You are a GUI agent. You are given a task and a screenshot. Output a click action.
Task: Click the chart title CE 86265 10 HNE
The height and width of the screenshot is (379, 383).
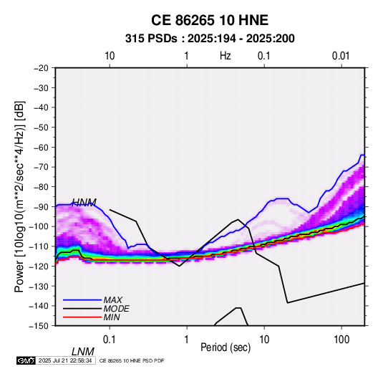(x=210, y=20)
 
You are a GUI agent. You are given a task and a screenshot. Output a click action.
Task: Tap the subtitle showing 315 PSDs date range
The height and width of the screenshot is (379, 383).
(x=210, y=39)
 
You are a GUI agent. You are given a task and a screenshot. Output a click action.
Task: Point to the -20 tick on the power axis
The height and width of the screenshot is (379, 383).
(x=41, y=68)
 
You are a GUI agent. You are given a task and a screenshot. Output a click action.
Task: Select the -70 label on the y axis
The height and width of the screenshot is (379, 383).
(x=41, y=167)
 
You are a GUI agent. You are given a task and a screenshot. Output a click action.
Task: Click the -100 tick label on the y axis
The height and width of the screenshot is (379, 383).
(x=39, y=226)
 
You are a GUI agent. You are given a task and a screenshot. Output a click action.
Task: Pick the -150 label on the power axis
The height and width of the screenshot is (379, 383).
(x=39, y=326)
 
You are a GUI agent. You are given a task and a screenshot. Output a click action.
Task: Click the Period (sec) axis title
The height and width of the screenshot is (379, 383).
(x=226, y=347)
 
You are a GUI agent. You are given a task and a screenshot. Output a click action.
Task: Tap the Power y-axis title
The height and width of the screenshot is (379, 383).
(x=19, y=196)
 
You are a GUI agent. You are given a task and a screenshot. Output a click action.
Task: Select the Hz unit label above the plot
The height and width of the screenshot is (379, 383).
(x=226, y=56)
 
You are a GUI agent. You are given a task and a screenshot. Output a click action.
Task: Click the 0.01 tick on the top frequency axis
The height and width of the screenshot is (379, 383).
(x=341, y=56)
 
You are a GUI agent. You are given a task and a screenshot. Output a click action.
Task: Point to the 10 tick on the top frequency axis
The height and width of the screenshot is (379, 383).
(x=110, y=56)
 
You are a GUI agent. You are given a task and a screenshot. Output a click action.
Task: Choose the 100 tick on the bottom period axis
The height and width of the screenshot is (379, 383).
(x=341, y=340)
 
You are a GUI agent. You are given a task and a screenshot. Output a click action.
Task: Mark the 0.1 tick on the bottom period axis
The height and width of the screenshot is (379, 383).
(x=110, y=340)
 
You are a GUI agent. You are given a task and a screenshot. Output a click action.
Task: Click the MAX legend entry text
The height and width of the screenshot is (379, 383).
(x=113, y=300)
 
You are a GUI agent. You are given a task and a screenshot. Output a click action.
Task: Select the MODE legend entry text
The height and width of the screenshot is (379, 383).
(x=116, y=309)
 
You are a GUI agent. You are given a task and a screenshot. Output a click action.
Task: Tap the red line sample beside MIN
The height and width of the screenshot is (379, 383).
(x=82, y=317)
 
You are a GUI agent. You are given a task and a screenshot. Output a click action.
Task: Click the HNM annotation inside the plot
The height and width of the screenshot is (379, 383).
(x=84, y=202)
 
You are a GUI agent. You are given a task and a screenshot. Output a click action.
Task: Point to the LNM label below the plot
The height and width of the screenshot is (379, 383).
(x=83, y=352)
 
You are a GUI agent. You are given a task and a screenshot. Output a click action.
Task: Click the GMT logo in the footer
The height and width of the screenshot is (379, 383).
(x=26, y=360)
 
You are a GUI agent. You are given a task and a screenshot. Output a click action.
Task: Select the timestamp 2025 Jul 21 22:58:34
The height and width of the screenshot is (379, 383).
(x=65, y=360)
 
